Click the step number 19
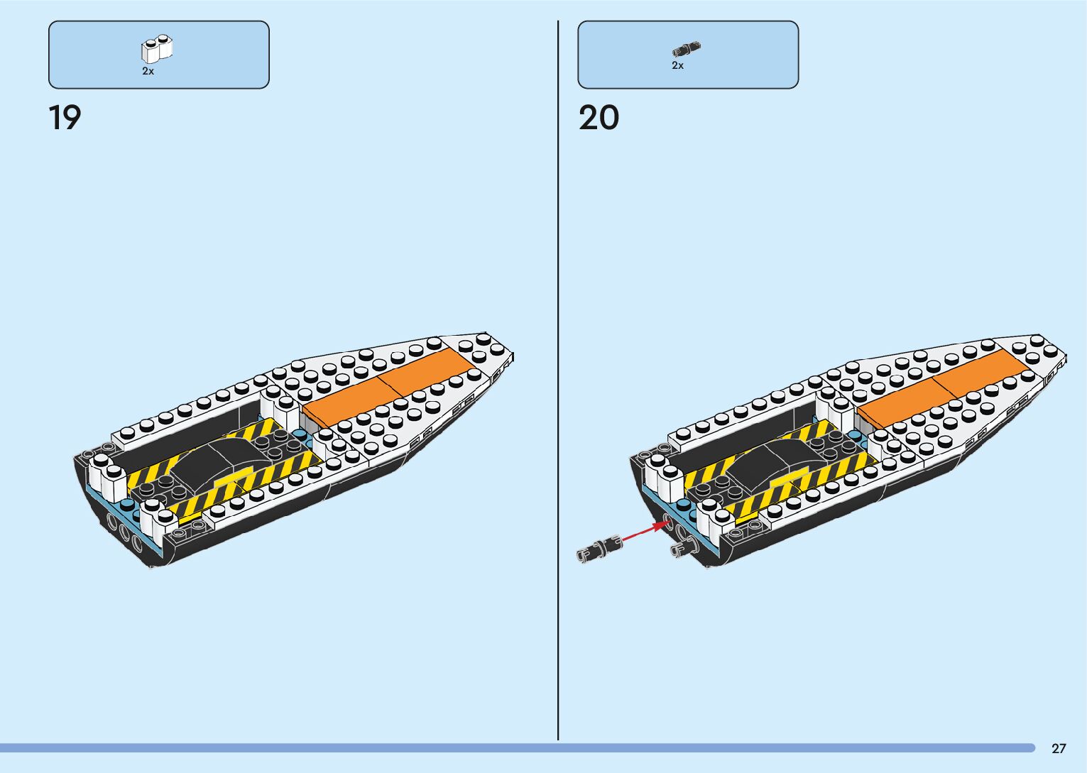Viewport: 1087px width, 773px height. point(65,118)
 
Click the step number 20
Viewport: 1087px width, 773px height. point(599,118)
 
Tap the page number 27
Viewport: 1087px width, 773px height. point(1059,748)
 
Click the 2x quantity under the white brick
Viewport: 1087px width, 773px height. point(148,72)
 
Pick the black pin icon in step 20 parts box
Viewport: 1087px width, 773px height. point(686,50)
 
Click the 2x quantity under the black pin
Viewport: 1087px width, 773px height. point(677,66)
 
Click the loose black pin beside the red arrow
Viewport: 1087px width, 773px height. point(599,549)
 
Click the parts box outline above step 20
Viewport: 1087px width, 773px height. point(687,22)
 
